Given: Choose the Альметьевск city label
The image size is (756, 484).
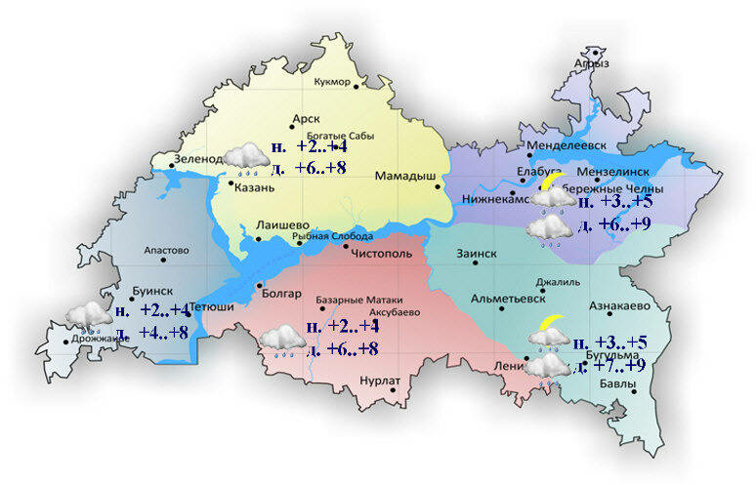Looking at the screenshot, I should point(507,299).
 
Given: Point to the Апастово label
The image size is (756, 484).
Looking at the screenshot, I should point(165,250).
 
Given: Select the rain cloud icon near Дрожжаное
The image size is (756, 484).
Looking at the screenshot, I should point(88,316).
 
